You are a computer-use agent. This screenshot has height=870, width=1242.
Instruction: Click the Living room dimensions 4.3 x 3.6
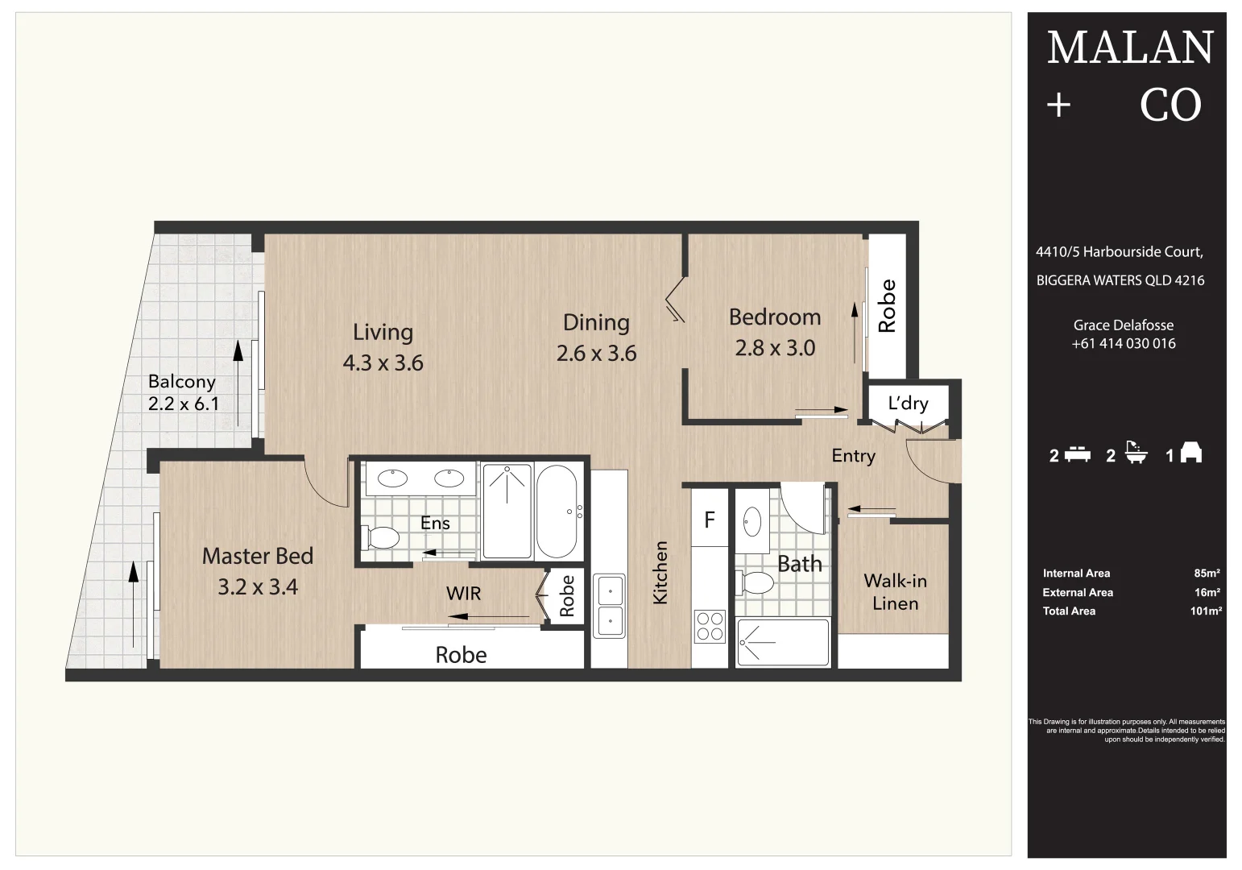(x=383, y=363)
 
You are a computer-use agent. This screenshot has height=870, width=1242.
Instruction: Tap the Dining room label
(x=596, y=322)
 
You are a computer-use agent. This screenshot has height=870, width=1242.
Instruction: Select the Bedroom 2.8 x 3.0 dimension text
(x=775, y=348)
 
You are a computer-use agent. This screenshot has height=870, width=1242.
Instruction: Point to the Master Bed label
(x=258, y=556)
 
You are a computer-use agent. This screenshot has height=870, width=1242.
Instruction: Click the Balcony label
(x=182, y=381)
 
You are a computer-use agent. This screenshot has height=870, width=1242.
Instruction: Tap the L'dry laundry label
(x=908, y=403)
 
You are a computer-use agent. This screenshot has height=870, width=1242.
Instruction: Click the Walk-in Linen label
(x=895, y=592)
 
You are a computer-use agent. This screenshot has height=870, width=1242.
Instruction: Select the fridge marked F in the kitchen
(x=710, y=520)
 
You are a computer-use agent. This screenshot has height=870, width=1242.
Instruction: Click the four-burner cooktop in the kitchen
(x=710, y=626)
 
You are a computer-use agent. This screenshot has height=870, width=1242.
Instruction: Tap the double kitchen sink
(x=610, y=606)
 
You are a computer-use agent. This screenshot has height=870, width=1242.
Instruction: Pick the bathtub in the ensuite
(x=557, y=512)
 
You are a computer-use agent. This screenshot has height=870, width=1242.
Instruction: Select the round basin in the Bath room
(x=752, y=522)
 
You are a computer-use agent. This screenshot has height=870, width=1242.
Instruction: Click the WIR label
(x=463, y=594)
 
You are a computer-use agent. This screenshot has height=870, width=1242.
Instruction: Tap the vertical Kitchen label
(x=660, y=572)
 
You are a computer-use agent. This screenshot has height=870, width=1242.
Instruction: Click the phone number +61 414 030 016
(x=1123, y=344)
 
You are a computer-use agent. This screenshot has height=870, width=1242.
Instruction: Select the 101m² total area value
(x=1206, y=611)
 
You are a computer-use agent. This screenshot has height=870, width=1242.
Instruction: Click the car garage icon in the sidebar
(x=1191, y=454)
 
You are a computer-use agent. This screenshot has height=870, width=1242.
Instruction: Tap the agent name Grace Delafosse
(x=1123, y=325)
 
